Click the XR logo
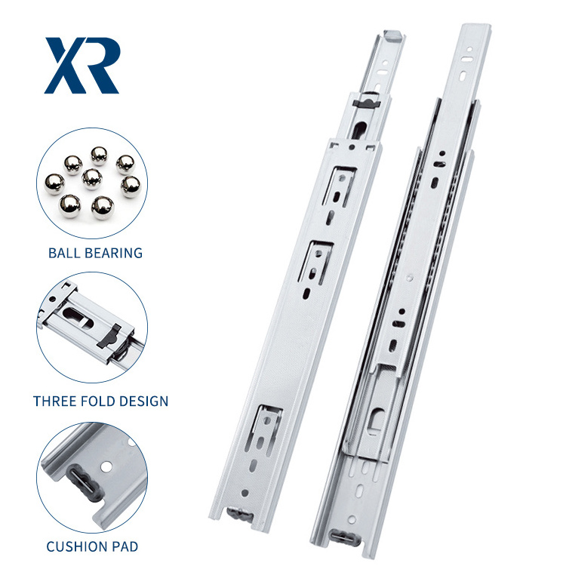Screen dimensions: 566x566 (x=82, y=66)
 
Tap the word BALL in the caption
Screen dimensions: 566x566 (x=64, y=253)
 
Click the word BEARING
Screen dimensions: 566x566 (x=113, y=253)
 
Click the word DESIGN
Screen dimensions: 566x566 (x=143, y=401)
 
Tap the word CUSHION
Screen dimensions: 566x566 (x=75, y=546)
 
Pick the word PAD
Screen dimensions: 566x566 (x=124, y=546)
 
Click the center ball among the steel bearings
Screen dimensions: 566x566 (x=92, y=179)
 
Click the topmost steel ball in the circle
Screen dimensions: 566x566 (x=99, y=155)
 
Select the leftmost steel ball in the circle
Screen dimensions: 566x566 (x=54, y=184)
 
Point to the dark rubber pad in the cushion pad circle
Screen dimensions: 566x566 (x=82, y=484)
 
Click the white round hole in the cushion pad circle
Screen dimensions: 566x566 (x=106, y=466)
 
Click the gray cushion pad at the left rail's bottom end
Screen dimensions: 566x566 (x=239, y=514)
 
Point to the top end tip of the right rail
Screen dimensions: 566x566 (x=477, y=26)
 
